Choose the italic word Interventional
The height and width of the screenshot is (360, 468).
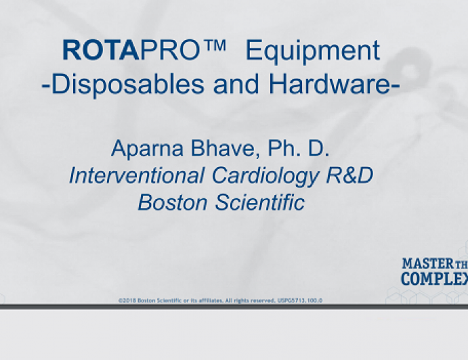coord(136,175)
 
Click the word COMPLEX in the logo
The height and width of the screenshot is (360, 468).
coord(434,279)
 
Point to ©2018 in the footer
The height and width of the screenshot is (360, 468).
coord(127,300)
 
